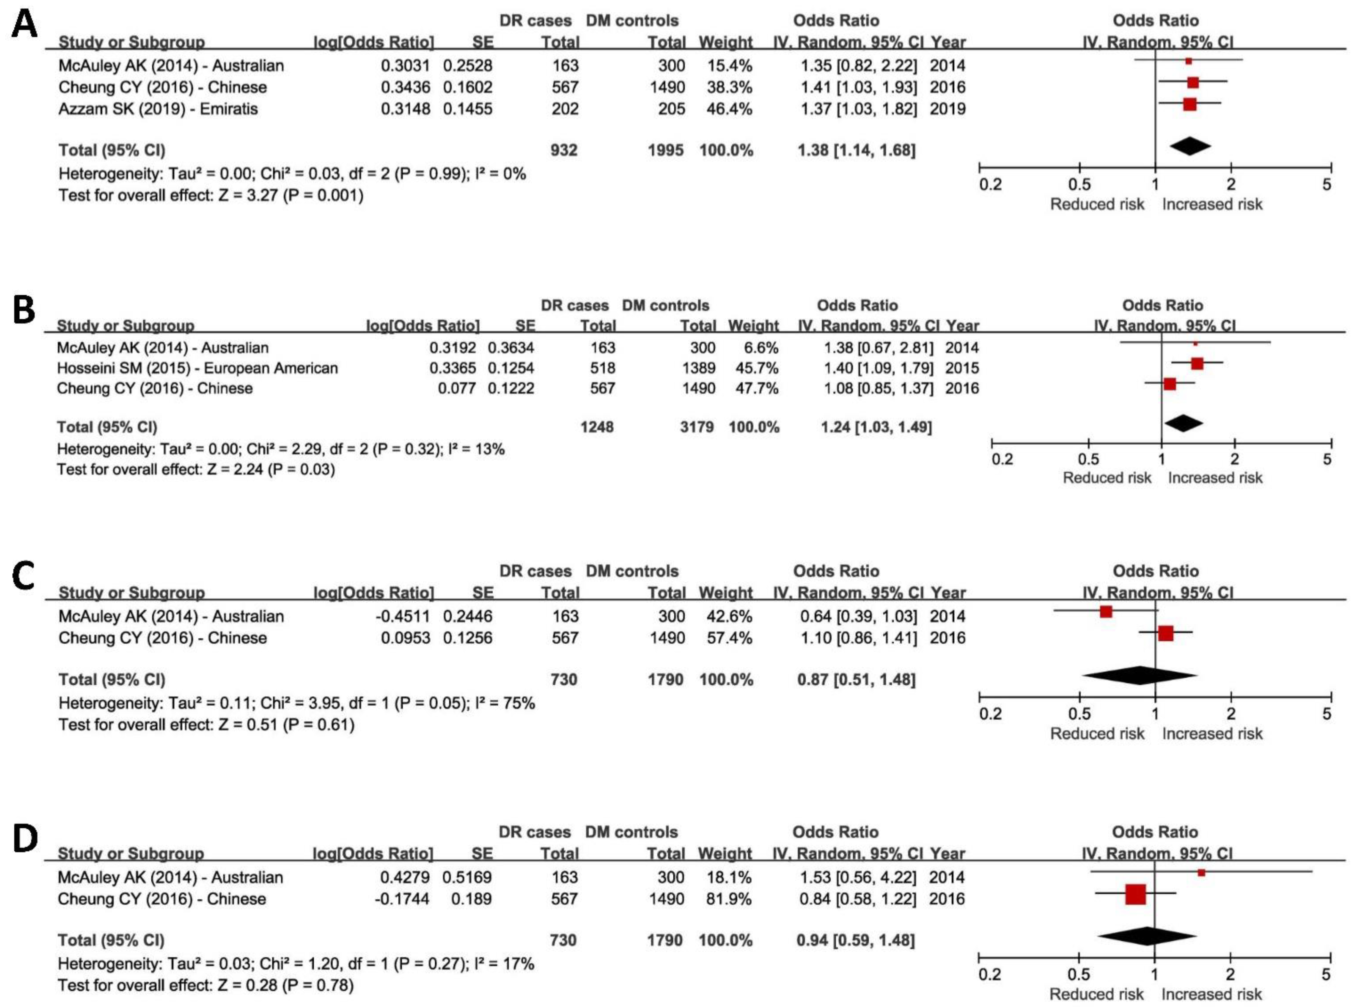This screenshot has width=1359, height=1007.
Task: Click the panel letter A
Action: pyautogui.click(x=24, y=26)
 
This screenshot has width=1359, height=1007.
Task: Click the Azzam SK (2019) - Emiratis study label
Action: pyautogui.click(x=158, y=109)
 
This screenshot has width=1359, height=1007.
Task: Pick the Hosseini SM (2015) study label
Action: pyautogui.click(x=197, y=368)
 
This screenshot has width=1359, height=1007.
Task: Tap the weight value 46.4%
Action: pyautogui.click(x=729, y=109)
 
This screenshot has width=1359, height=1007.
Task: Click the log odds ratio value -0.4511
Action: pyautogui.click(x=402, y=616)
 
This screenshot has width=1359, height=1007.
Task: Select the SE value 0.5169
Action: pyautogui.click(x=467, y=877)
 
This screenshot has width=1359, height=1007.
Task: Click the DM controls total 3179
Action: pyautogui.click(x=697, y=427)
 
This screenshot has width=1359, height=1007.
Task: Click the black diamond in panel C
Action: pyautogui.click(x=1139, y=675)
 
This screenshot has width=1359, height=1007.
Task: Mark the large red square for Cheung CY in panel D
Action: pyautogui.click(x=1135, y=894)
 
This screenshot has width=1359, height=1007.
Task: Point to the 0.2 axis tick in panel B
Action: pyautogui.click(x=1002, y=459)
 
